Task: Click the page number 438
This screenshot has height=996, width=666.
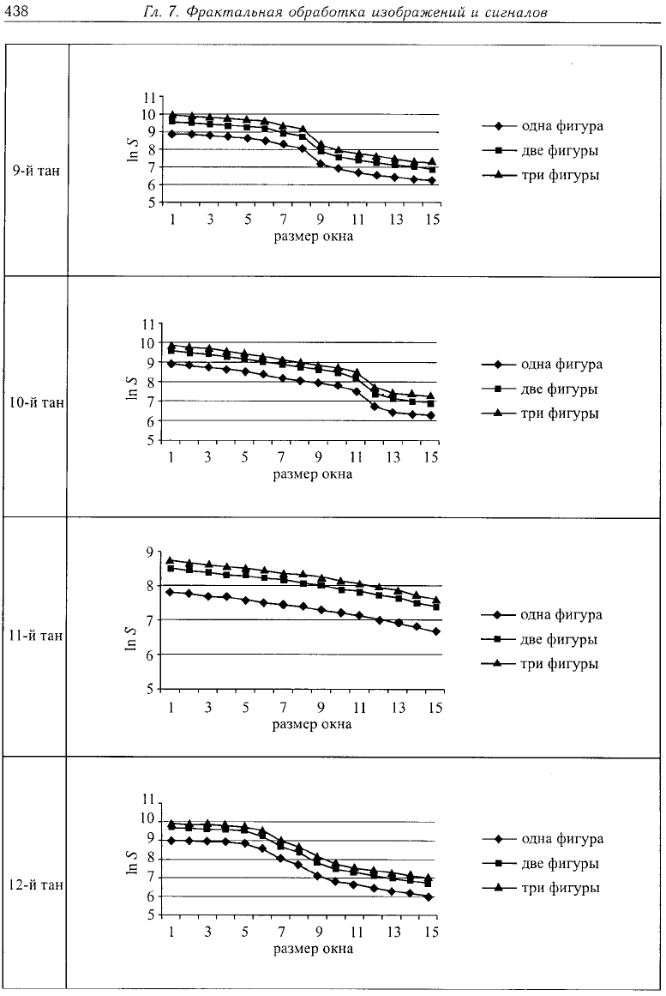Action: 14,11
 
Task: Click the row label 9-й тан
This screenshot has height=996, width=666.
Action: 36,170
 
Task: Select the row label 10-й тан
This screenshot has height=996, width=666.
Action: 36,402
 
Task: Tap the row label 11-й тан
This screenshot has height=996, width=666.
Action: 36,635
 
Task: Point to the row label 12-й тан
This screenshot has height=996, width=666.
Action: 36,884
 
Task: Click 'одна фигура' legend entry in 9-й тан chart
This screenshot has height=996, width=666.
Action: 562,126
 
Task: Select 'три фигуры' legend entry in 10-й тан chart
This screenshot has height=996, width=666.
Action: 560,413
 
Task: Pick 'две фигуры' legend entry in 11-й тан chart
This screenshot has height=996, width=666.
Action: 560,640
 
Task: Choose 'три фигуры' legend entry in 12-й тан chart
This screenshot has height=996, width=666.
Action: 561,888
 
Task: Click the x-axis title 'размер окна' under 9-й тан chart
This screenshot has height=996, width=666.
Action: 314,237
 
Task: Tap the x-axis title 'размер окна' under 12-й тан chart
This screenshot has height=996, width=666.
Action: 313,950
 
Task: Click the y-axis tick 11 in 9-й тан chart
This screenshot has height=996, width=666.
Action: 149,98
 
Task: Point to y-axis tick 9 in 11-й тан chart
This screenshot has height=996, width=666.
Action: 150,552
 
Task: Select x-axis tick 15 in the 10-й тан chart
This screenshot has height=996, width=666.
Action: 431,456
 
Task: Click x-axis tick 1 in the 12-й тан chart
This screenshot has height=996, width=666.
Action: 171,932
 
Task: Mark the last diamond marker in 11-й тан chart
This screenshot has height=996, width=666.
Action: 436,631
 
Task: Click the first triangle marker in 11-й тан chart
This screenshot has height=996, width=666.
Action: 171,561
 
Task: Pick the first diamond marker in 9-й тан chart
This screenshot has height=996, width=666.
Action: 172,134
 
